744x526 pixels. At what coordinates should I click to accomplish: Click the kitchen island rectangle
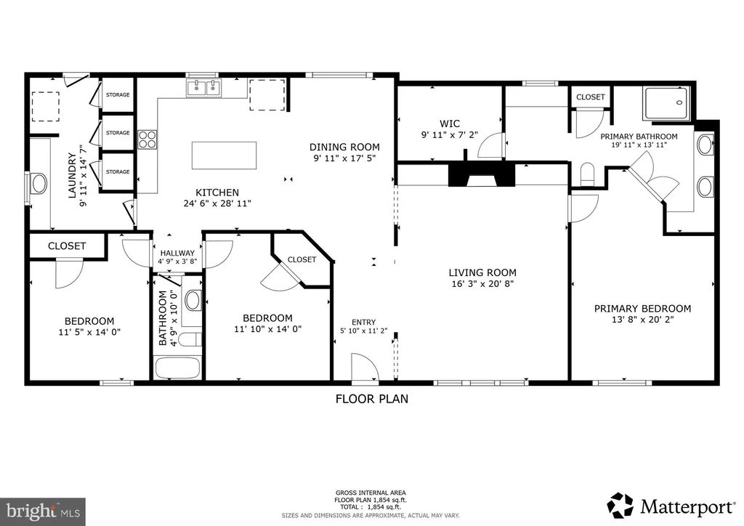tap(224, 155)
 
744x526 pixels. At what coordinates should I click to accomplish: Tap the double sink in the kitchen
tap(204, 88)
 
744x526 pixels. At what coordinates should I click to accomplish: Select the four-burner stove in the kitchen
tap(147, 140)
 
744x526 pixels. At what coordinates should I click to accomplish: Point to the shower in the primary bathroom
tap(666, 103)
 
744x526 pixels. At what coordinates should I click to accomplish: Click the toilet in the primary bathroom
tap(587, 174)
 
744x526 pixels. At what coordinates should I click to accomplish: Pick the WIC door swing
tap(490, 145)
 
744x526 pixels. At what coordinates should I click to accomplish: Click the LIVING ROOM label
tap(482, 272)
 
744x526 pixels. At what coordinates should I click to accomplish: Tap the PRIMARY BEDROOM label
tap(642, 308)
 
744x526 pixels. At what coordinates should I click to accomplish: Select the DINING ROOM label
tap(344, 147)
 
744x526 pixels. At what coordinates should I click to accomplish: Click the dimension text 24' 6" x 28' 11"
tap(217, 203)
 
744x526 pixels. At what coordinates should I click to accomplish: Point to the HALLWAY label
tap(177, 254)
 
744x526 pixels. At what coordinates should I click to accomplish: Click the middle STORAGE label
tap(118, 133)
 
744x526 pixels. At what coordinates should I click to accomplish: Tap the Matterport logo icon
tap(620, 506)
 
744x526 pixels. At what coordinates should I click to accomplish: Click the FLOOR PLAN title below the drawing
tap(372, 399)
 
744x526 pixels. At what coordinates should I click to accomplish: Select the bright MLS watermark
tap(43, 511)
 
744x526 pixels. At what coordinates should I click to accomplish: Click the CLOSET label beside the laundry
tap(67, 246)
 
